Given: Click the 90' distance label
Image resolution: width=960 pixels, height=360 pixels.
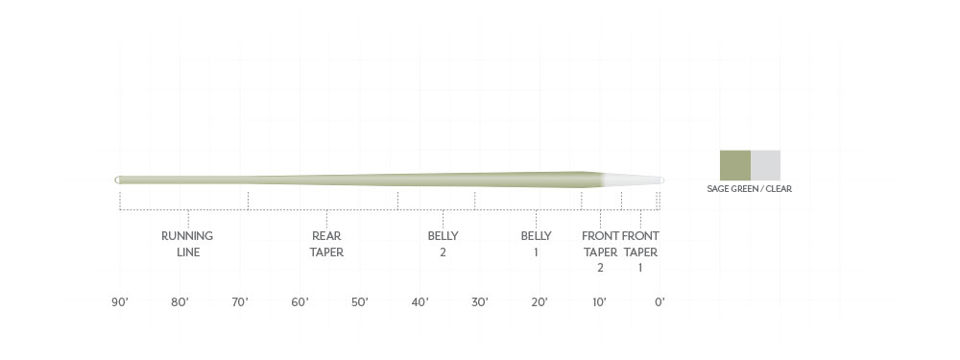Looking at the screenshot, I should click(x=120, y=302).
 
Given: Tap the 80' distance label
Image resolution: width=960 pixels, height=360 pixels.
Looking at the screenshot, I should click(x=180, y=302).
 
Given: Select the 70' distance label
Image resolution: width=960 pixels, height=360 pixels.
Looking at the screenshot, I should click(x=240, y=302).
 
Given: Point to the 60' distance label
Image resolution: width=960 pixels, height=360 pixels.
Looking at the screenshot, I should click(x=300, y=302).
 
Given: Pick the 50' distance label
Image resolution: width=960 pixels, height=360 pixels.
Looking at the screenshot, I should click(x=360, y=302).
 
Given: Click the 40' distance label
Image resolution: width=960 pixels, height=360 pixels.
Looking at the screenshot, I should click(x=420, y=302).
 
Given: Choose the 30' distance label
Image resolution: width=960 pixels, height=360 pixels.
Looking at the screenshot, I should click(x=480, y=302).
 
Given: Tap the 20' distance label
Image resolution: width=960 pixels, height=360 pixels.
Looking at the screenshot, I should click(x=540, y=302).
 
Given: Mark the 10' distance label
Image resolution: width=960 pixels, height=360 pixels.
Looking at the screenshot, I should click(x=599, y=302).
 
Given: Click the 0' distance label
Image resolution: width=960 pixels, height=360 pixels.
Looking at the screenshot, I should click(x=660, y=302).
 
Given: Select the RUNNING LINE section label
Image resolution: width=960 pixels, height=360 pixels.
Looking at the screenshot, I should click(x=187, y=244).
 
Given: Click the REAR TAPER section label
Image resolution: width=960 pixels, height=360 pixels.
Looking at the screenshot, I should click(x=326, y=244).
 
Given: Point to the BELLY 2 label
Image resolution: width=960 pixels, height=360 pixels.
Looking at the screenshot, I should click(x=443, y=244).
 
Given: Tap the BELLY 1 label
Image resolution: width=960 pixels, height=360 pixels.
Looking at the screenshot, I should click(x=536, y=244).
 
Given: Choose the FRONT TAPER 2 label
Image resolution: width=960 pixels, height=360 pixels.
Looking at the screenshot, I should click(x=600, y=252).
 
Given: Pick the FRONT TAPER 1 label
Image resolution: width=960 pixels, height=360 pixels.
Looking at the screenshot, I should click(x=640, y=252).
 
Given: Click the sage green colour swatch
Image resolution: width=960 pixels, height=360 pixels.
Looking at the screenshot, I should click(x=735, y=165).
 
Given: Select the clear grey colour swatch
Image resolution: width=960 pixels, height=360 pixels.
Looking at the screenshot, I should click(x=765, y=165).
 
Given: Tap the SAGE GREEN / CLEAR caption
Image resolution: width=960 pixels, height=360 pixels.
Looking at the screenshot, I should click(x=749, y=189).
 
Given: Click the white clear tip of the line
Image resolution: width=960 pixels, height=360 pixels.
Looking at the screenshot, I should click(x=634, y=180).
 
